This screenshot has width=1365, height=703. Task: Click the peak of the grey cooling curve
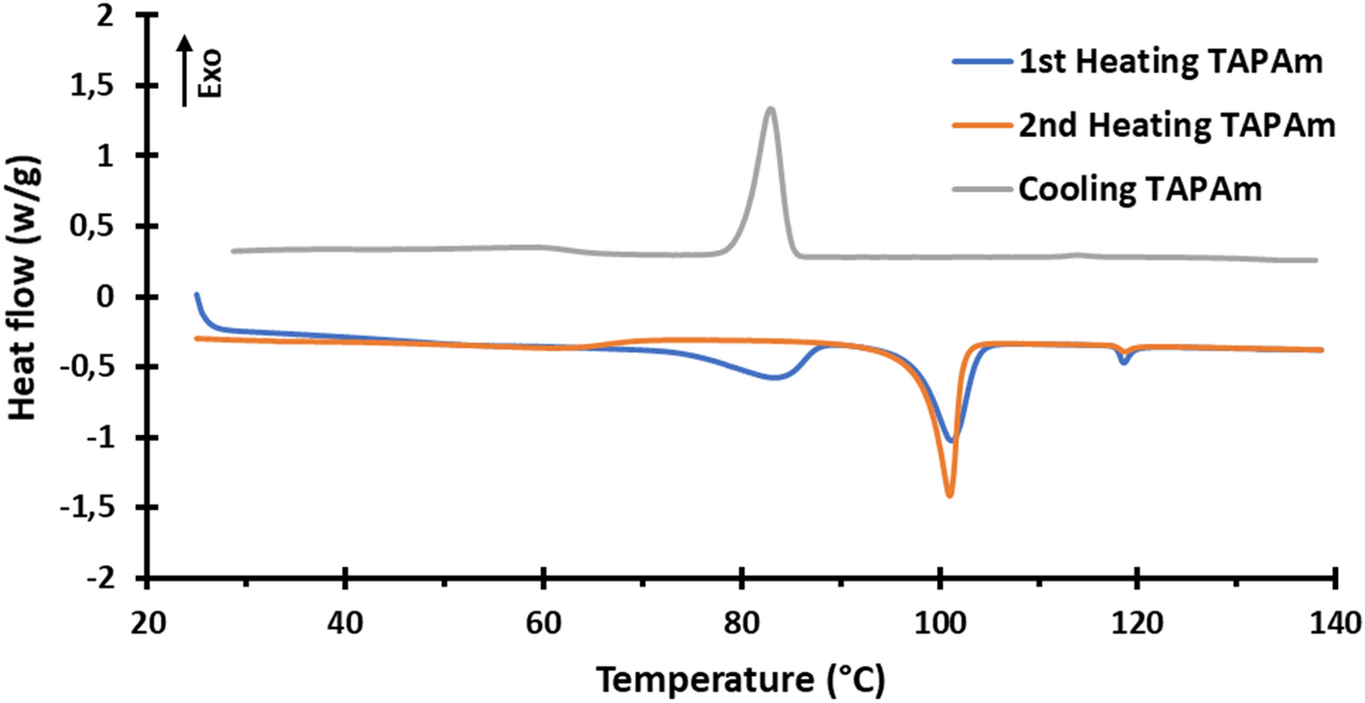click(x=769, y=109)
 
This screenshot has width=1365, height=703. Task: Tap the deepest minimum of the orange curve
click(x=950, y=495)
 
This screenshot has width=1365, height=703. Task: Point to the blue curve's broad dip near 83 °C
click(x=775, y=377)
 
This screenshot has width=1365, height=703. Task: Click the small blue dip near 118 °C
click(x=1123, y=362)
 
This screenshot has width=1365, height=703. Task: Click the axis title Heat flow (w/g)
click(x=26, y=296)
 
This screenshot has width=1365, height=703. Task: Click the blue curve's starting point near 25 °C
click(x=197, y=294)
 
